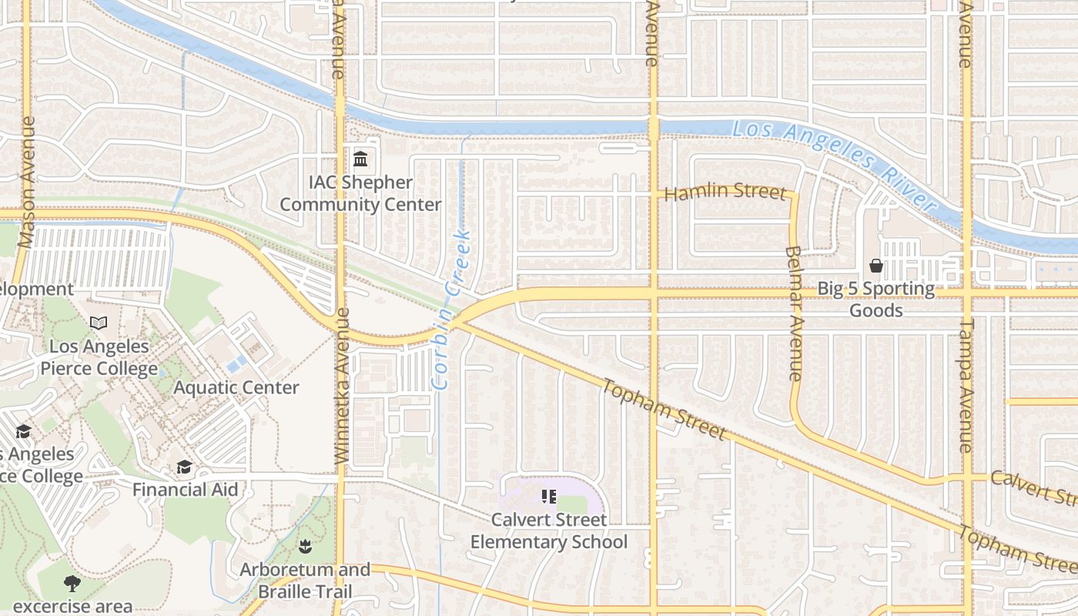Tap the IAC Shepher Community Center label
360,194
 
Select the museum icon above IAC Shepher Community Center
360,159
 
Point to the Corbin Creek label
451,308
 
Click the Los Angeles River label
833,166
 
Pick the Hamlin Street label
725,192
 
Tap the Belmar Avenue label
795,313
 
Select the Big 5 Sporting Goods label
876,300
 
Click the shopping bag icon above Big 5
876,266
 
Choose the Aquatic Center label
236,387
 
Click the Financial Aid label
185,490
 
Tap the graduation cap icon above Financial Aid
185,467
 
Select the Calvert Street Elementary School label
549,531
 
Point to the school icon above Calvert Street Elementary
549,496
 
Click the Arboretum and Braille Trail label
305,581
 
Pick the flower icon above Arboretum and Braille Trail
305,547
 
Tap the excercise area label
72,607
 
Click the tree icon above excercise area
72,583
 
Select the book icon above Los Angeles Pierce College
99,323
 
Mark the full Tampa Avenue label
966,385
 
